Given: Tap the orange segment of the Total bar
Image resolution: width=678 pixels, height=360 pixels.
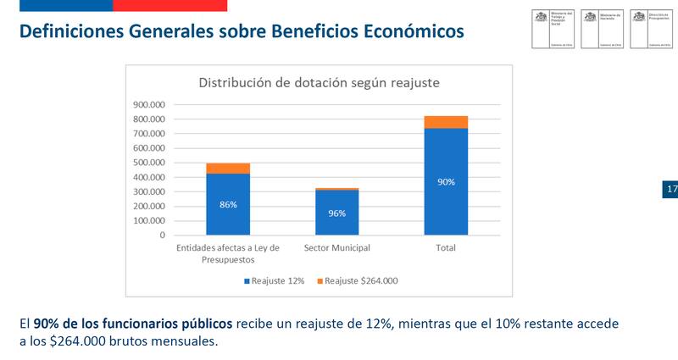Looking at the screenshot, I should (x=446, y=122).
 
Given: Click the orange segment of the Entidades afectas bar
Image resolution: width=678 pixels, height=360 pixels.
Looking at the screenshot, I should (x=227, y=168).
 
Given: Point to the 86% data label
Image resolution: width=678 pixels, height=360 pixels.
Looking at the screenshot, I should (x=227, y=205).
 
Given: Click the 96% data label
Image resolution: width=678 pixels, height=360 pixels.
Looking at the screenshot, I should (x=336, y=213).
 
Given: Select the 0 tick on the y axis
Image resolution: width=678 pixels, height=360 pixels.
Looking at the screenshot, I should (x=162, y=235).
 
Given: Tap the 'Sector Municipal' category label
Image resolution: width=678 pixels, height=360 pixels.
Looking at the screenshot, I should (x=336, y=248).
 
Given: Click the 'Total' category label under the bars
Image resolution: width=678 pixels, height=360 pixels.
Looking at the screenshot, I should (x=446, y=248).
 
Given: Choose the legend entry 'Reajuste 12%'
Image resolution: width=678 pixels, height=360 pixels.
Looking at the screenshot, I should (x=276, y=280).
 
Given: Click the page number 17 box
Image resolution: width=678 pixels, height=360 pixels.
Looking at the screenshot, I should (x=670, y=189).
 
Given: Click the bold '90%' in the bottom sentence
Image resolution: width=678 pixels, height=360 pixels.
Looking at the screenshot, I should (x=46, y=324).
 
